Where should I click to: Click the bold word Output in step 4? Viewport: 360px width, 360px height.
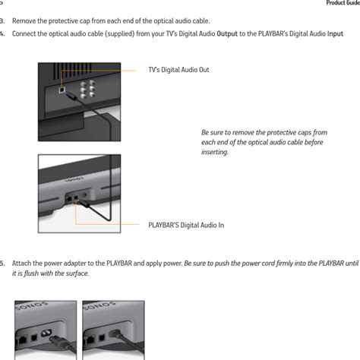tap(227, 34)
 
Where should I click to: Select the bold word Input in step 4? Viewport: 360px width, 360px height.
tap(335, 34)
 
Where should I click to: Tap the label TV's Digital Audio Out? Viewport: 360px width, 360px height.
tap(178, 70)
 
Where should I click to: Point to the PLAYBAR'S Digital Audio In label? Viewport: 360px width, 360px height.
tap(186, 225)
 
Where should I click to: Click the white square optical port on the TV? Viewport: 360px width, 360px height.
tap(62, 90)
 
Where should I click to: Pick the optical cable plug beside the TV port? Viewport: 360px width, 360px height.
tap(71, 96)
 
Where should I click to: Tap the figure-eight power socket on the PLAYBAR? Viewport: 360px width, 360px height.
tap(46, 333)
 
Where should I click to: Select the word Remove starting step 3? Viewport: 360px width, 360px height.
tap(24, 21)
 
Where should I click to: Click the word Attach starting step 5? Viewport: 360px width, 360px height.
tap(21, 264)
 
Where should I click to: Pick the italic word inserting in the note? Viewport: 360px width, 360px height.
tap(215, 152)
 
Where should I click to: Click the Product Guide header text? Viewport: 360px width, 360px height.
tap(343, 3)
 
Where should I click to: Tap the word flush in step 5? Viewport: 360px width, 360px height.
tap(31, 273)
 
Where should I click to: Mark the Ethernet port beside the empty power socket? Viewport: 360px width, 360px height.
tap(22, 339)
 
